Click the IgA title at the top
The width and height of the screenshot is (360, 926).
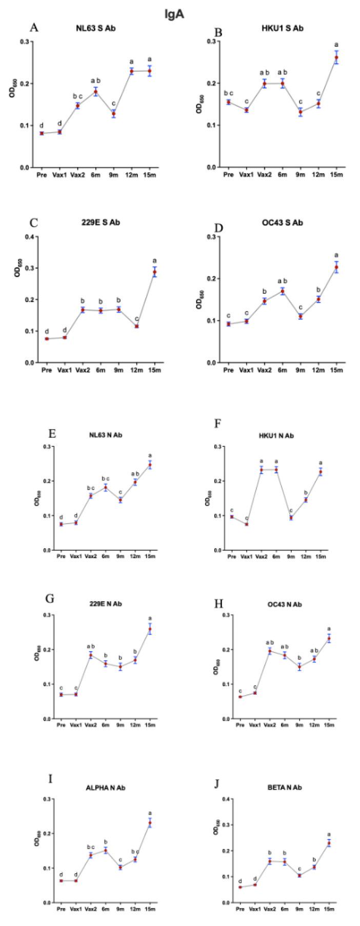click(174, 14)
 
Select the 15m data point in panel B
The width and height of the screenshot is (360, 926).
click(336, 57)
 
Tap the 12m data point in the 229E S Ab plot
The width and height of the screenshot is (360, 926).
click(137, 326)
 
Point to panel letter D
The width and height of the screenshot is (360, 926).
click(218, 224)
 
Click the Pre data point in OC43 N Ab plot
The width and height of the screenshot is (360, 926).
click(239, 697)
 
